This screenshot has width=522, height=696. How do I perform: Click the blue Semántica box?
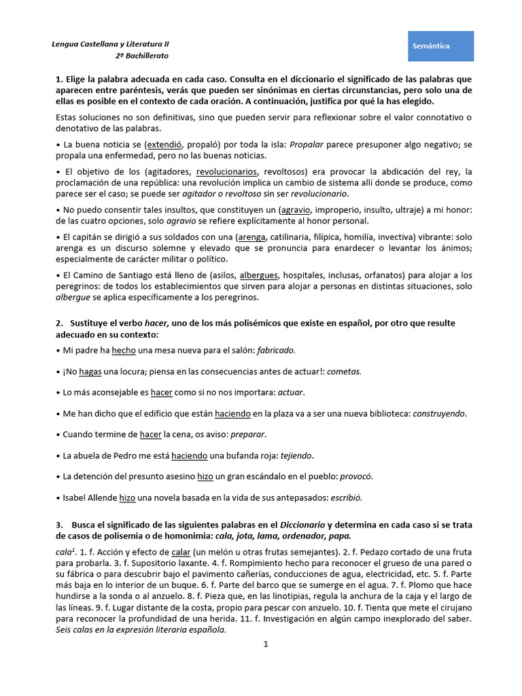[x=440, y=46]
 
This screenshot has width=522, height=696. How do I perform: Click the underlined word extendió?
[x=163, y=145]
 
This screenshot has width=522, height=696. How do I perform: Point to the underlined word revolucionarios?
[x=226, y=171]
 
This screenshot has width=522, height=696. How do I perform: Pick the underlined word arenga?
[x=251, y=238]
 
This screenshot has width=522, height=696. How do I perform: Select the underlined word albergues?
[x=260, y=275]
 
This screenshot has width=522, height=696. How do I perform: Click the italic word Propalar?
[x=307, y=145]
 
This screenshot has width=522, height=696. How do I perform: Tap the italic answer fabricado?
[x=276, y=350]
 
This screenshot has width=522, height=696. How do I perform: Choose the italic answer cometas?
[x=345, y=371]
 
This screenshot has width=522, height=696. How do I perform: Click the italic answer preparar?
[x=248, y=434]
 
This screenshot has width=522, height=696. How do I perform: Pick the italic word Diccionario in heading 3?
[x=302, y=525]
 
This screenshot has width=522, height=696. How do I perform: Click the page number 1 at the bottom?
[x=267, y=645]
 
